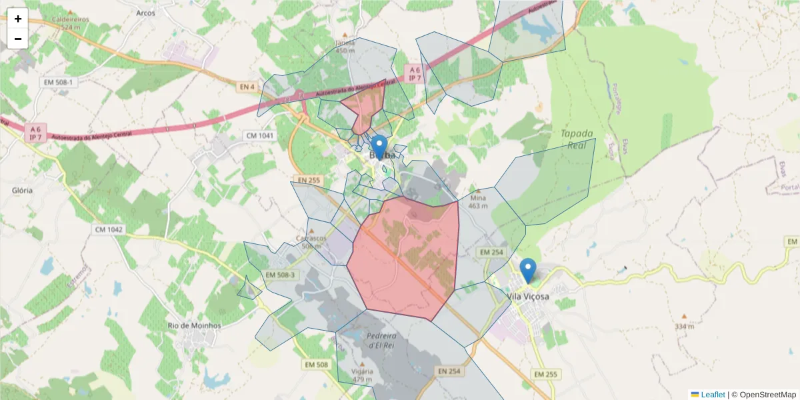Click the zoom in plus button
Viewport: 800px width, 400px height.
18,19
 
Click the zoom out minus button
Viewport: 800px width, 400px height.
18,39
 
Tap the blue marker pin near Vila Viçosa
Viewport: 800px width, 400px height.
528,271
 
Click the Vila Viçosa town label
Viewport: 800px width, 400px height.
528,297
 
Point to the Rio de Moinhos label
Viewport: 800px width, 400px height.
195,325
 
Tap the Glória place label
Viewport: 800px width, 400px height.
23,190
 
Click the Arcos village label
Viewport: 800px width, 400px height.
145,13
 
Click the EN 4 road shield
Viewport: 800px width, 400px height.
247,87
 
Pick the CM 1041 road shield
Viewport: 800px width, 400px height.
260,135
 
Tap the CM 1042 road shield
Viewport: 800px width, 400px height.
108,229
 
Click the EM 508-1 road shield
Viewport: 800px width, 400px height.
61,82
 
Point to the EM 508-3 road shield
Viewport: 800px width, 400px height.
280,275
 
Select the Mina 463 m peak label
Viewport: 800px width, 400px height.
478,201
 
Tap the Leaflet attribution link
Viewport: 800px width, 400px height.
713,395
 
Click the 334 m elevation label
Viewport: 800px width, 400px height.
684,326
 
